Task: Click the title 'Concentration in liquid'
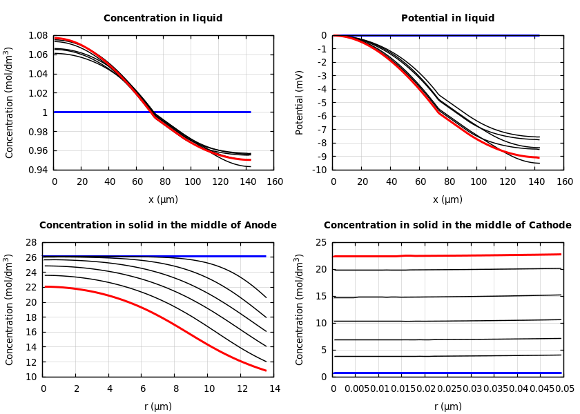163,19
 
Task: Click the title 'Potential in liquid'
447,19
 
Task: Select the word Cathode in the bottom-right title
550,226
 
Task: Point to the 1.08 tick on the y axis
37,35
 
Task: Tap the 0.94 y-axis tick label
37,170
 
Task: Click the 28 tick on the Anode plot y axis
30,242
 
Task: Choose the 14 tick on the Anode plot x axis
274,389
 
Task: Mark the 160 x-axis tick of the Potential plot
564,182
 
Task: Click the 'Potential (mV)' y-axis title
300,102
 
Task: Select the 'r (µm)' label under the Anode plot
158,406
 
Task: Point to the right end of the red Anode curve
266,371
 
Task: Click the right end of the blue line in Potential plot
539,35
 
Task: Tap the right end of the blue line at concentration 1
250,112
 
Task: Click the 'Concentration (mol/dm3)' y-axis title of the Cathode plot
300,309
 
